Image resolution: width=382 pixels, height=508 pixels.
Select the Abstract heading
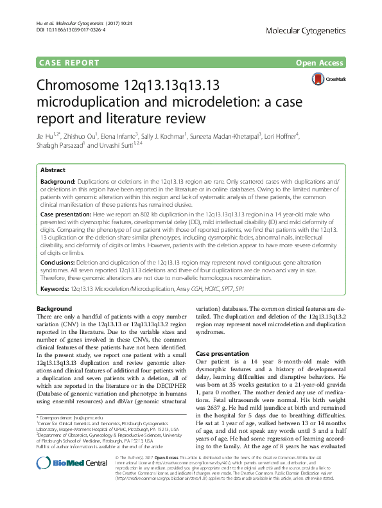(x=53, y=171)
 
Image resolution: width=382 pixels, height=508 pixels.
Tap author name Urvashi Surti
(x=127, y=146)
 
